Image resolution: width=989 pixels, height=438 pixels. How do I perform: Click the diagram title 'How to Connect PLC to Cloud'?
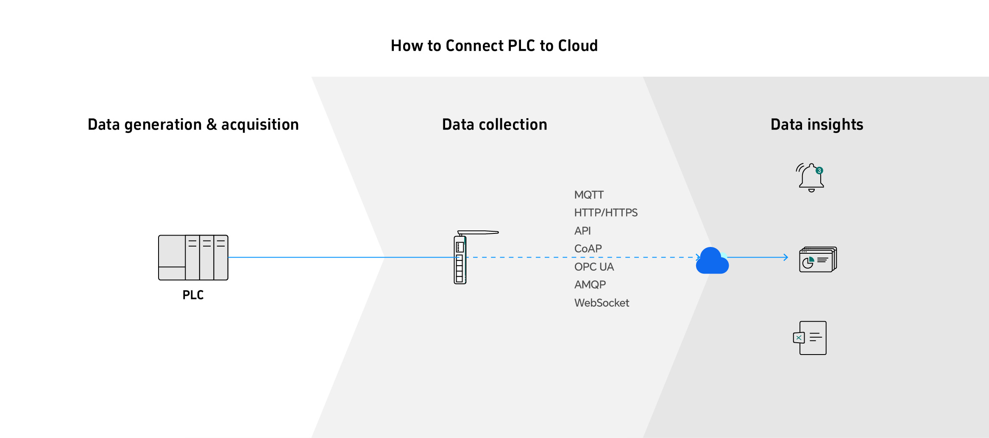point(494,46)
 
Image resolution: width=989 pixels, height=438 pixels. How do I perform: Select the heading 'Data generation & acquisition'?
point(193,125)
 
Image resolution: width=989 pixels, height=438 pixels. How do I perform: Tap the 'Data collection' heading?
point(494,125)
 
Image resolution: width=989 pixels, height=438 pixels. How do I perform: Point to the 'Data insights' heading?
point(816,125)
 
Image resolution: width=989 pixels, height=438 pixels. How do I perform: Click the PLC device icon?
point(193,258)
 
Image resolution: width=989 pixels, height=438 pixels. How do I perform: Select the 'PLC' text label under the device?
point(193,295)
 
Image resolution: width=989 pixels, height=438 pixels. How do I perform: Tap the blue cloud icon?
point(712,261)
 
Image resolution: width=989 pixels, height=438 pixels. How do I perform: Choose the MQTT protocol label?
point(589,195)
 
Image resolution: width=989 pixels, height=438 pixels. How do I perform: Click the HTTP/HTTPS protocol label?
point(606,213)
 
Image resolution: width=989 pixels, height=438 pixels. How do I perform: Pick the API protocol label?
point(582,231)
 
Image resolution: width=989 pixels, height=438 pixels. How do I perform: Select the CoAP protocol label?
point(588,249)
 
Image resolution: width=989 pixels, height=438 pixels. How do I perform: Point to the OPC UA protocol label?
point(594,267)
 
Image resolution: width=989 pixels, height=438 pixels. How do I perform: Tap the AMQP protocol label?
point(590,285)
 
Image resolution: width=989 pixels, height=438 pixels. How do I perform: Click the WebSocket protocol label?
point(602,303)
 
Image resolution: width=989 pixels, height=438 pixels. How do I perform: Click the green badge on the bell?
point(819,171)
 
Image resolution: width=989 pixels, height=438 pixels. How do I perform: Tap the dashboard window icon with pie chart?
point(817,259)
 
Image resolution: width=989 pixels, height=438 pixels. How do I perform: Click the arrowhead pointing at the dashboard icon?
point(786,257)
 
